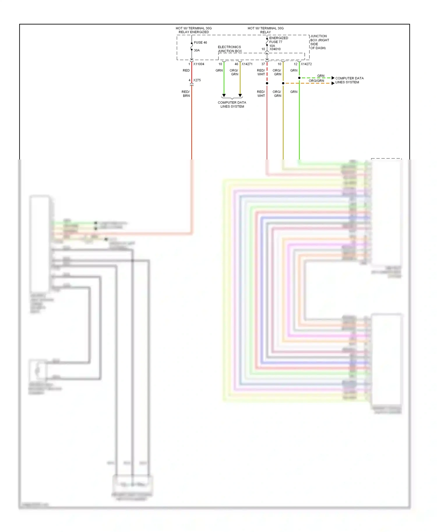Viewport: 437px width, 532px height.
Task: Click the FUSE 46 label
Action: click(x=200, y=42)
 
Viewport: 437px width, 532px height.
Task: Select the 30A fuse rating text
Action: click(x=197, y=50)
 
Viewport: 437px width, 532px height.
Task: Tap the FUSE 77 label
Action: click(x=276, y=42)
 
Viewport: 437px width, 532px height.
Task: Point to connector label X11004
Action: click(x=199, y=64)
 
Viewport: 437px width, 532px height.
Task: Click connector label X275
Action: click(x=197, y=80)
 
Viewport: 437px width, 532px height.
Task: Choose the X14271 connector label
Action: click(x=247, y=64)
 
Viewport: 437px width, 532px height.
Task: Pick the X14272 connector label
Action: click(x=306, y=64)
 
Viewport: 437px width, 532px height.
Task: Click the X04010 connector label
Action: click(x=275, y=49)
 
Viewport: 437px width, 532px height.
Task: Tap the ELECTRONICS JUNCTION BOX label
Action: click(x=230, y=49)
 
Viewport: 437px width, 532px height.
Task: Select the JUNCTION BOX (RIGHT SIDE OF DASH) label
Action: click(x=320, y=42)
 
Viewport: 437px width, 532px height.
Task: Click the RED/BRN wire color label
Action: click(x=186, y=94)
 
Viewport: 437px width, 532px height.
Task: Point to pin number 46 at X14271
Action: click(x=236, y=64)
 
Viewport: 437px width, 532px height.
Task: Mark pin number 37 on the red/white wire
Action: click(x=263, y=64)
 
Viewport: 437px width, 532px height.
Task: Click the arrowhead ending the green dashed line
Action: click(x=333, y=78)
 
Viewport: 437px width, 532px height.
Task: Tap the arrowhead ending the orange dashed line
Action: click(x=333, y=83)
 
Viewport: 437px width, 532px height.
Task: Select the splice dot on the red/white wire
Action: click(x=267, y=83)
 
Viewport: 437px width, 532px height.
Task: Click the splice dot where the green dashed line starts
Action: click(x=299, y=78)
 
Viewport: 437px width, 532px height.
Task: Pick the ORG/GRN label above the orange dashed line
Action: click(x=316, y=81)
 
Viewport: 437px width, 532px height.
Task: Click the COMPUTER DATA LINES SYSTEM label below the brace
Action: click(x=232, y=104)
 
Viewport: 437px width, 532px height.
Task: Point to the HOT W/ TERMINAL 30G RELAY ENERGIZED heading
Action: click(x=194, y=30)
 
